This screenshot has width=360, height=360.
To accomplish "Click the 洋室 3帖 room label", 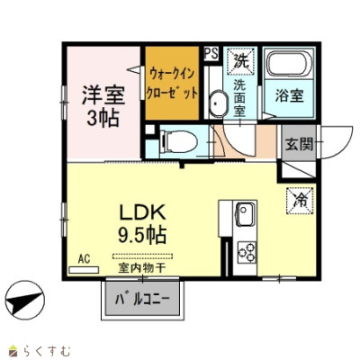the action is (103, 106).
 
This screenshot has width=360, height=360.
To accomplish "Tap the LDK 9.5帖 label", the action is (143, 224).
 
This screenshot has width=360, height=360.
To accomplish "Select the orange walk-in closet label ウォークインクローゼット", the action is (172, 84).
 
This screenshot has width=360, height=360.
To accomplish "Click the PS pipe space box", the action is (211, 54).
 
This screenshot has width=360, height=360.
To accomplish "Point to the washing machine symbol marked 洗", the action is (241, 61).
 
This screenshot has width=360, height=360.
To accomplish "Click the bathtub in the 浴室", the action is (289, 63).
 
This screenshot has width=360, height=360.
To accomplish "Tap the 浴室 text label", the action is (289, 95).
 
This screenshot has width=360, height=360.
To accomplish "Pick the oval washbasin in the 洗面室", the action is (217, 103).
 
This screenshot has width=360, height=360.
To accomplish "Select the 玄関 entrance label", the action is (299, 144).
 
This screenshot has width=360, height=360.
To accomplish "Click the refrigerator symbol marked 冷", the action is (301, 201).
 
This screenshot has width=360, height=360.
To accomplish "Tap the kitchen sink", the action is (246, 214).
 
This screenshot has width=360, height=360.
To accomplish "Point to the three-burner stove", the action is (247, 252).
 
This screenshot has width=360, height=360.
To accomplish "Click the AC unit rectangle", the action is (84, 270).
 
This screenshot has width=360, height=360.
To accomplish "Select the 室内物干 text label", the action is (142, 268).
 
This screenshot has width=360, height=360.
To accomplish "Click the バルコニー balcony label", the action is (143, 299).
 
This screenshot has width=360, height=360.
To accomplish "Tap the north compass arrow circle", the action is (25, 301).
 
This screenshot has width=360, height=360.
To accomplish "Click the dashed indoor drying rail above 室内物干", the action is (143, 256).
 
